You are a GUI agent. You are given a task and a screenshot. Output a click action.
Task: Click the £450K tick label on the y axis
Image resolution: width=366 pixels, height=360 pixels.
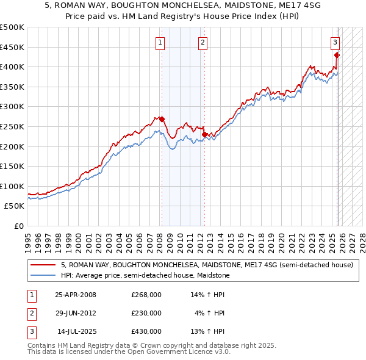tap(12, 47)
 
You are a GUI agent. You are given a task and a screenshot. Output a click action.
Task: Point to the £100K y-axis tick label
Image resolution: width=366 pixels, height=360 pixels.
tap(12, 186)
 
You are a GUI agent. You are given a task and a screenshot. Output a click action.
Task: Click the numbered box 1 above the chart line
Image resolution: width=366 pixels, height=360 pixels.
tap(160, 42)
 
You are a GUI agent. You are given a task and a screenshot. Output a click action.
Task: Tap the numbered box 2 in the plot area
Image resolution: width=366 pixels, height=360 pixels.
tap(202, 42)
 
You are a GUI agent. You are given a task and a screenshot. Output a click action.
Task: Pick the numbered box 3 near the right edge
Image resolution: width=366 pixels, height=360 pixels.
tap(335, 42)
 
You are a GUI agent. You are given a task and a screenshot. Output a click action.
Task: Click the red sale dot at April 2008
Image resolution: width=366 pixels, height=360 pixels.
tap(162, 119)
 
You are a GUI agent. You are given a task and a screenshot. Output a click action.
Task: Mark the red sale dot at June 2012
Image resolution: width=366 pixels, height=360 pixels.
tap(204, 134)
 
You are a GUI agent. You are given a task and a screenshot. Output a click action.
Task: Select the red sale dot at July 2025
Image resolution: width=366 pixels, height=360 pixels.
tap(337, 55)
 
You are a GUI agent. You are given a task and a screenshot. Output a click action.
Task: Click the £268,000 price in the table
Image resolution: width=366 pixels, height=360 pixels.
tap(146, 295)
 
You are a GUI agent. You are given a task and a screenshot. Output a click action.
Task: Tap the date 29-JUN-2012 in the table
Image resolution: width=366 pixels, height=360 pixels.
tap(76, 313)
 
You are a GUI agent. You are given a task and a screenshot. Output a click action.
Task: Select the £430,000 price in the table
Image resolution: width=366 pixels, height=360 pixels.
tap(146, 331)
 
